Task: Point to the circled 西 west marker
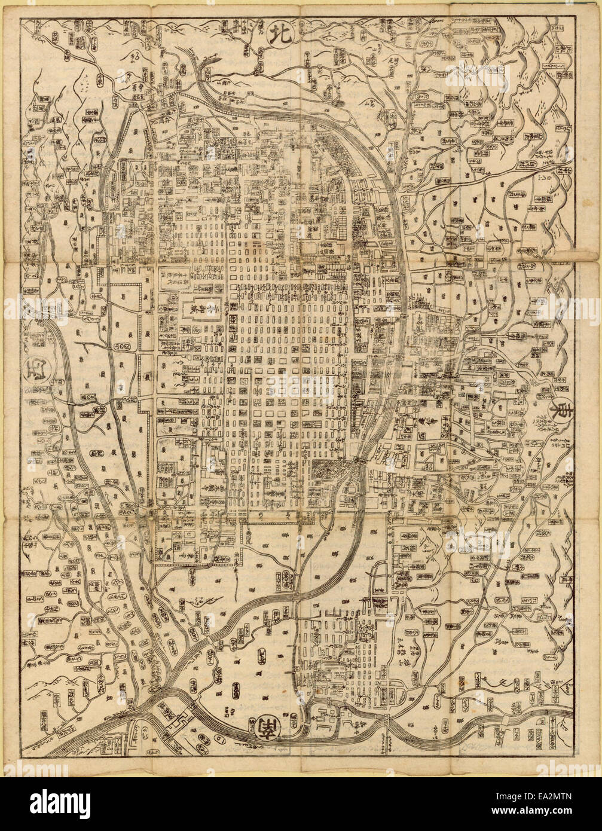(x=34, y=377)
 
